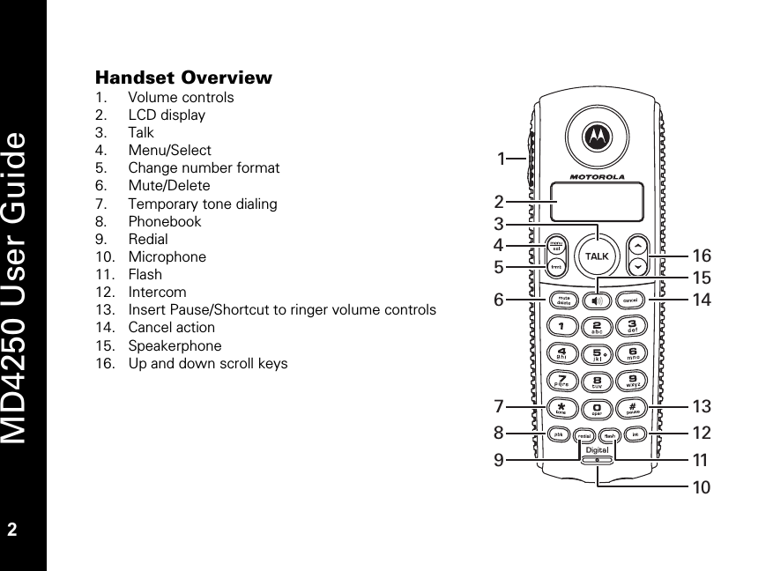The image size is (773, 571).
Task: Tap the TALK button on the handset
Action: (x=597, y=256)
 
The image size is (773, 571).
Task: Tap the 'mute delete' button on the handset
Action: (x=559, y=299)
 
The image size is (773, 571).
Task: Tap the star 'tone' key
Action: (x=559, y=408)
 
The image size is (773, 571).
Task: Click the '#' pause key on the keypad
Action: (x=634, y=408)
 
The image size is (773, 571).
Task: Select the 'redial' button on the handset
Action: (x=583, y=434)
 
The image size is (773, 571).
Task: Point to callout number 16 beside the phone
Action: (x=701, y=256)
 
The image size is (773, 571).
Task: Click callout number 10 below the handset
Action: (x=701, y=486)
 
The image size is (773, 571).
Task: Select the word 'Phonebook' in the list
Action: (x=165, y=221)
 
